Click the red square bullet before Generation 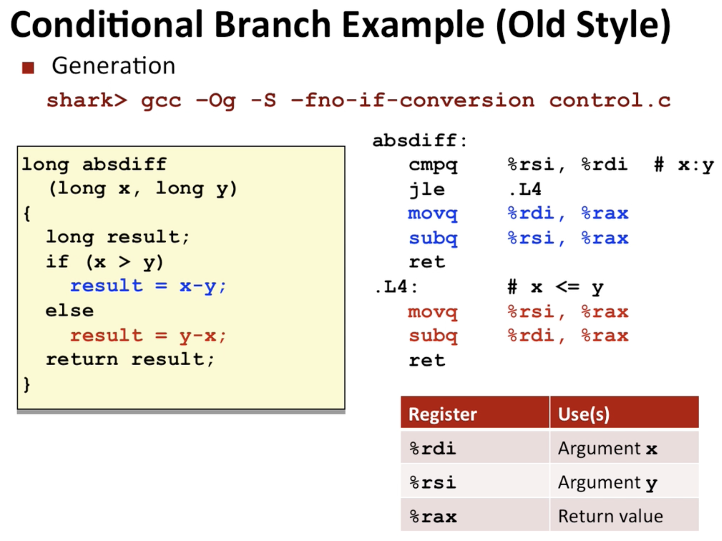coord(28,68)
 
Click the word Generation coord(113,66)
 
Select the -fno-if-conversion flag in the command coord(413,100)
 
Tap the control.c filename coord(610,100)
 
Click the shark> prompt coord(87,100)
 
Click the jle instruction coord(427,189)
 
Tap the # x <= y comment coord(555,288)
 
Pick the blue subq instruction coord(433,238)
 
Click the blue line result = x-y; coord(148,286)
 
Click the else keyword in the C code coord(69,311)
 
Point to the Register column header coord(443,414)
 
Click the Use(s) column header coord(583,414)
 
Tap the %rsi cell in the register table coord(433,483)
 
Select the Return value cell coord(610,516)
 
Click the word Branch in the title coord(273,24)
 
